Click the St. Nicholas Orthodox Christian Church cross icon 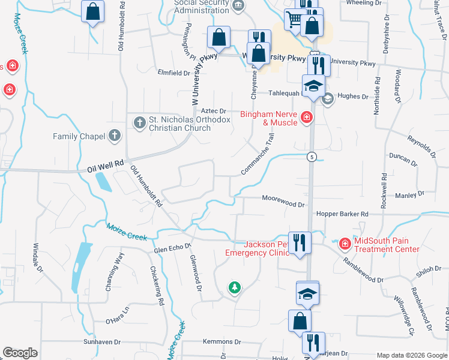click(139, 122)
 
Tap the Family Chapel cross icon click(114, 136)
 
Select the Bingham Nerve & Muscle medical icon click(307, 116)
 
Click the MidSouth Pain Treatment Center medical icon click(345, 244)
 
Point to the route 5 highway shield click(312, 157)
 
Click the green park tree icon click(234, 289)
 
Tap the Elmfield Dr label click(173, 73)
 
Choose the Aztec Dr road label click(212, 110)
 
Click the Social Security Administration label click(202, 5)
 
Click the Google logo click(20, 353)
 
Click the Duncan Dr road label click(403, 159)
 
